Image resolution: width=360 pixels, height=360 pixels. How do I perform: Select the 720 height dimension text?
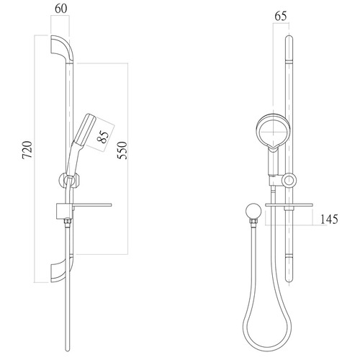[x=27, y=150]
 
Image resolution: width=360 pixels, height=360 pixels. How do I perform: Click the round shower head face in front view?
[x=272, y=132]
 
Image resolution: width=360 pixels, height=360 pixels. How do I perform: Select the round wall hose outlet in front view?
[x=251, y=210]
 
